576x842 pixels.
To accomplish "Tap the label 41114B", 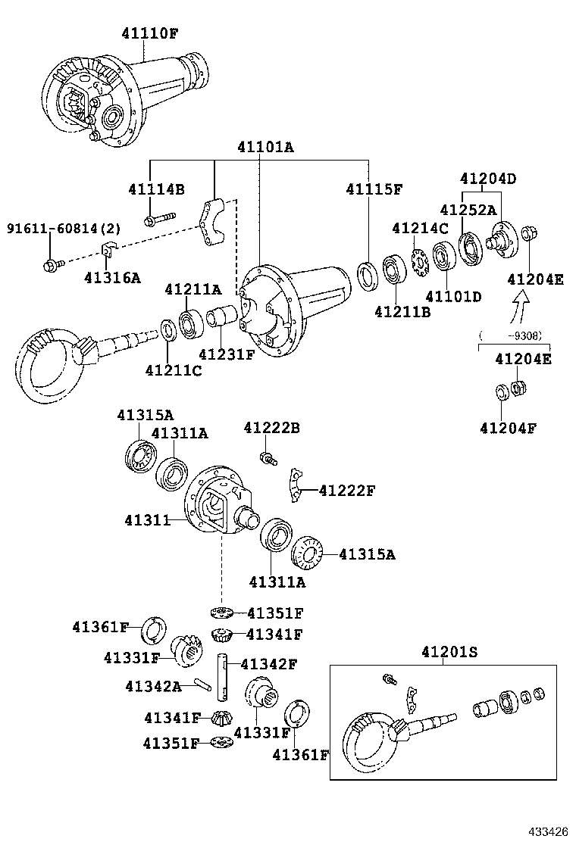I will [156, 189].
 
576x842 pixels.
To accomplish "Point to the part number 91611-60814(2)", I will [53, 229].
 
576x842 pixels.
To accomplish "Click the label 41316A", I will [112, 278].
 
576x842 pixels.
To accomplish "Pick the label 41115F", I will [374, 189].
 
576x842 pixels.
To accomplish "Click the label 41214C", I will [420, 228].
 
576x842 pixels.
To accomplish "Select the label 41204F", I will [507, 428].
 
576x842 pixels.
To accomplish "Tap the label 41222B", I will [271, 429].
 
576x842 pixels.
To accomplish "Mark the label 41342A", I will [153, 686].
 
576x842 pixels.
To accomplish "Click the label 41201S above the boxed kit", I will [449, 652].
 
